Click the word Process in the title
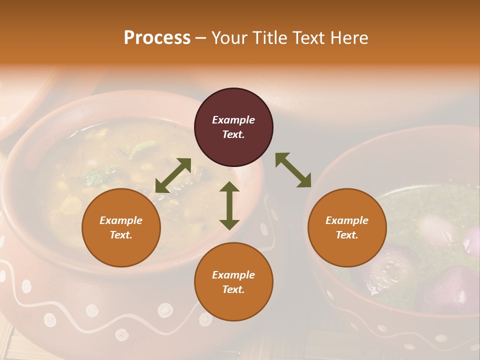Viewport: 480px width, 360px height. [x=157, y=38]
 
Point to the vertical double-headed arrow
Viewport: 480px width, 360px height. [x=229, y=205]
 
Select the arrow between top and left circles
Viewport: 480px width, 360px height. [x=173, y=175]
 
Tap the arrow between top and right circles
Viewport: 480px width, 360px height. [x=293, y=170]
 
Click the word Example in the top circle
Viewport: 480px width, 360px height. [x=233, y=120]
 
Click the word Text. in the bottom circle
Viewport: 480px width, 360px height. [x=233, y=289]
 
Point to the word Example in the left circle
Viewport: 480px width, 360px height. [x=121, y=220]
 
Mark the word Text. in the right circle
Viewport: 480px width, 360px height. [x=347, y=235]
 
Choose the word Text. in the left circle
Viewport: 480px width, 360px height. [x=121, y=235]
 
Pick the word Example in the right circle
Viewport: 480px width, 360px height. [x=347, y=220]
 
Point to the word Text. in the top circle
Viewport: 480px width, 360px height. [x=233, y=134]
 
